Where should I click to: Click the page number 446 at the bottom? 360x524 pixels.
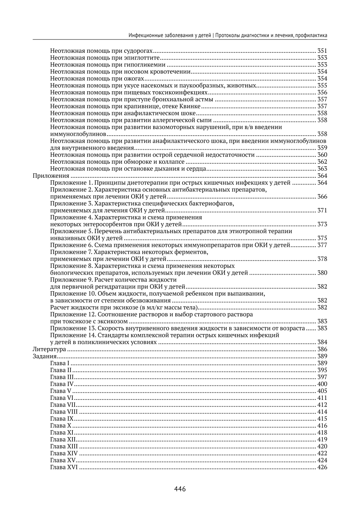coord(180,489)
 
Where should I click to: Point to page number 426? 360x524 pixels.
coord(322,467)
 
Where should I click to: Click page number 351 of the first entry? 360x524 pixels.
coord(322,51)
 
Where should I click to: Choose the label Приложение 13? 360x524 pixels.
coord(73,329)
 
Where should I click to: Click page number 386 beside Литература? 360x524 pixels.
coord(322,349)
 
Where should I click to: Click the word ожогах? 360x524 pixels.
coord(134,79)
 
